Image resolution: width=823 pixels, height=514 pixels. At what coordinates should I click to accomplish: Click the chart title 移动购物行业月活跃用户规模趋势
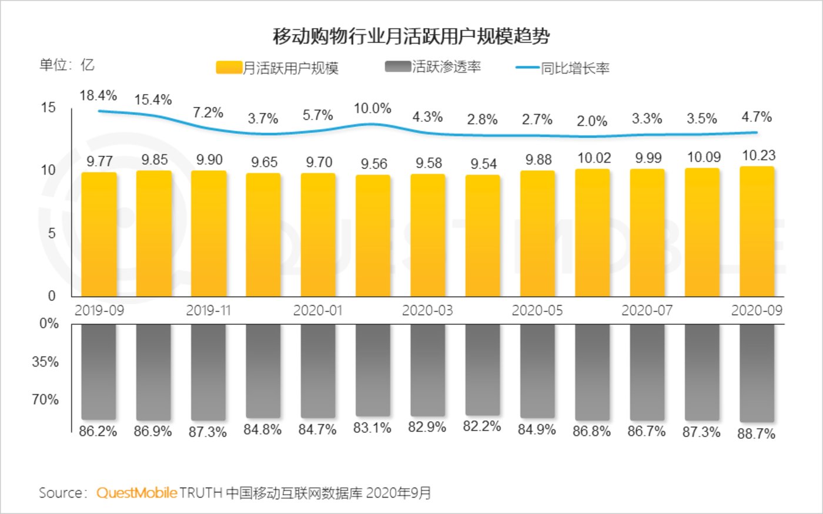point(411,36)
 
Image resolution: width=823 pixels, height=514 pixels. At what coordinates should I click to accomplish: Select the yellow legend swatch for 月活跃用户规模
point(229,68)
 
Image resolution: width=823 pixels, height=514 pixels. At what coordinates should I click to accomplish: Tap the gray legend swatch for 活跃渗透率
point(398,66)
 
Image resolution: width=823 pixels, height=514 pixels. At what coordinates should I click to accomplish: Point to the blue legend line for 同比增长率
point(527,68)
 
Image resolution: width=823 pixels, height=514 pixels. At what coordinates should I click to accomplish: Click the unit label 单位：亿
point(66,65)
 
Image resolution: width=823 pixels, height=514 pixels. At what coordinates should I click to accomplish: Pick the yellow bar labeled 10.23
point(757,231)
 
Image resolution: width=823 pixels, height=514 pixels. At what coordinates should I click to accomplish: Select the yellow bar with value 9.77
point(99,234)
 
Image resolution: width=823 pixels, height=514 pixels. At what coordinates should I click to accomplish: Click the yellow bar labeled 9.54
point(483,236)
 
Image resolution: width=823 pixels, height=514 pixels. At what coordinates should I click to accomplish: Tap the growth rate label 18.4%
point(98,95)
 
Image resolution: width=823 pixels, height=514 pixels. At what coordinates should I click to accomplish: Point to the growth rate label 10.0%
point(372,109)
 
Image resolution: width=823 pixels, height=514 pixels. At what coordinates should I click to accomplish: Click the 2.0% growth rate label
point(591,121)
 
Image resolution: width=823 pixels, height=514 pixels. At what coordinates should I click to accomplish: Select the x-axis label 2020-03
point(427,310)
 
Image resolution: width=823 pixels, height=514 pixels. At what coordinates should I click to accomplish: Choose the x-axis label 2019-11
point(208,310)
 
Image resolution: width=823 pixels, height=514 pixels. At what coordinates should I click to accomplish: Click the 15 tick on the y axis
point(48,107)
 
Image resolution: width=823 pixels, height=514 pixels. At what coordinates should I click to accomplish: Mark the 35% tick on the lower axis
point(45,362)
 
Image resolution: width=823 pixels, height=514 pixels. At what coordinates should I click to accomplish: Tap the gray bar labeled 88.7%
point(757,372)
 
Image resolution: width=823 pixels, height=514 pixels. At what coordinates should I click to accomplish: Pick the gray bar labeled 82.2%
point(483,369)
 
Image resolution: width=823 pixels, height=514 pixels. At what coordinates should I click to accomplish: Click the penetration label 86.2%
point(98,432)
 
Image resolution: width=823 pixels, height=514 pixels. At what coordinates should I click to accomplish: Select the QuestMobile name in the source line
point(136,492)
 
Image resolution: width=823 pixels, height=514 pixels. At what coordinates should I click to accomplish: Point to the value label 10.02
point(594,158)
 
